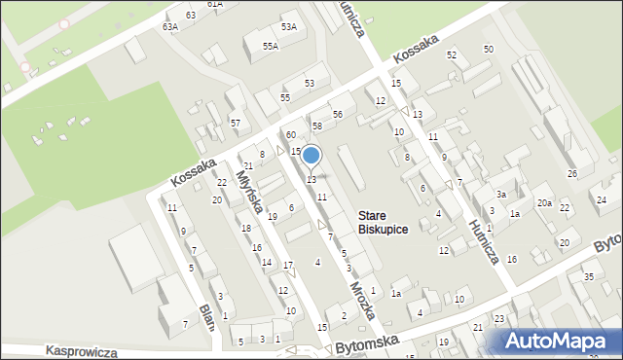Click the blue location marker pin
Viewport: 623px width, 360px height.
[311, 156]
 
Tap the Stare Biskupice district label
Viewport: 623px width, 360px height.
[382, 223]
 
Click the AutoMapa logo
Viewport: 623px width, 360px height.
[559, 341]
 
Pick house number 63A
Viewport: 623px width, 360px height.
[170, 27]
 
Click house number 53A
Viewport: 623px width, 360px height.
[288, 26]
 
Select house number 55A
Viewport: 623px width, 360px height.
[270, 46]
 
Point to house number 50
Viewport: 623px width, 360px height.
[488, 49]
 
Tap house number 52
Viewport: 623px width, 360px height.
[452, 55]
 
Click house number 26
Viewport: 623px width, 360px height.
[572, 173]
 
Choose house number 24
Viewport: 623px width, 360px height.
[602, 199]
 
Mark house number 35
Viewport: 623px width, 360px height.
[588, 277]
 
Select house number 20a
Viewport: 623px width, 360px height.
[545, 202]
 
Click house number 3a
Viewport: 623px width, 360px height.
[500, 195]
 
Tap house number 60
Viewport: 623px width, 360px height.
[290, 134]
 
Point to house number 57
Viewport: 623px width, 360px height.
[236, 123]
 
